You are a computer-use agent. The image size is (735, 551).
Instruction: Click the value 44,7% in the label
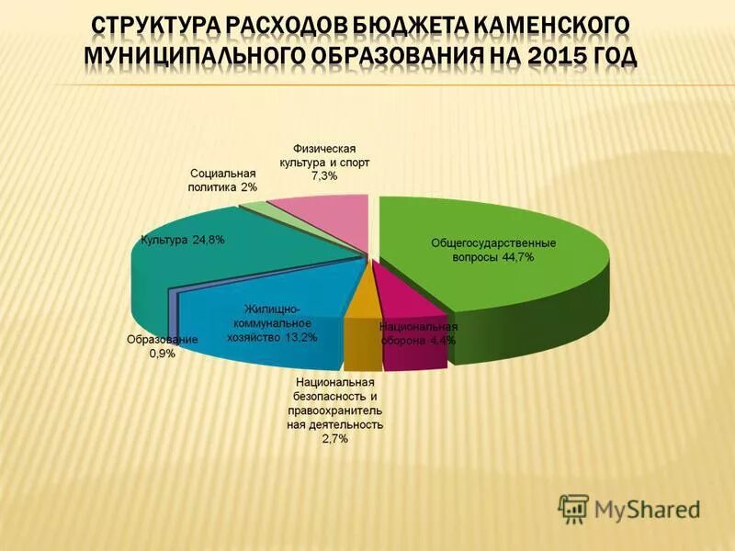point(516,258)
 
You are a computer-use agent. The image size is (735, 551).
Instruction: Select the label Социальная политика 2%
point(223,179)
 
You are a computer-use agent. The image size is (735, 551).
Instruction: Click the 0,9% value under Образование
point(162,354)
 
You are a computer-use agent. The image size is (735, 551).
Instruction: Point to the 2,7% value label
point(335,440)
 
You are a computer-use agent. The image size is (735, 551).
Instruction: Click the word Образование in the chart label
point(162,341)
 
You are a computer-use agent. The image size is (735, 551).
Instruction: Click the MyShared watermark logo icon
point(574,508)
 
